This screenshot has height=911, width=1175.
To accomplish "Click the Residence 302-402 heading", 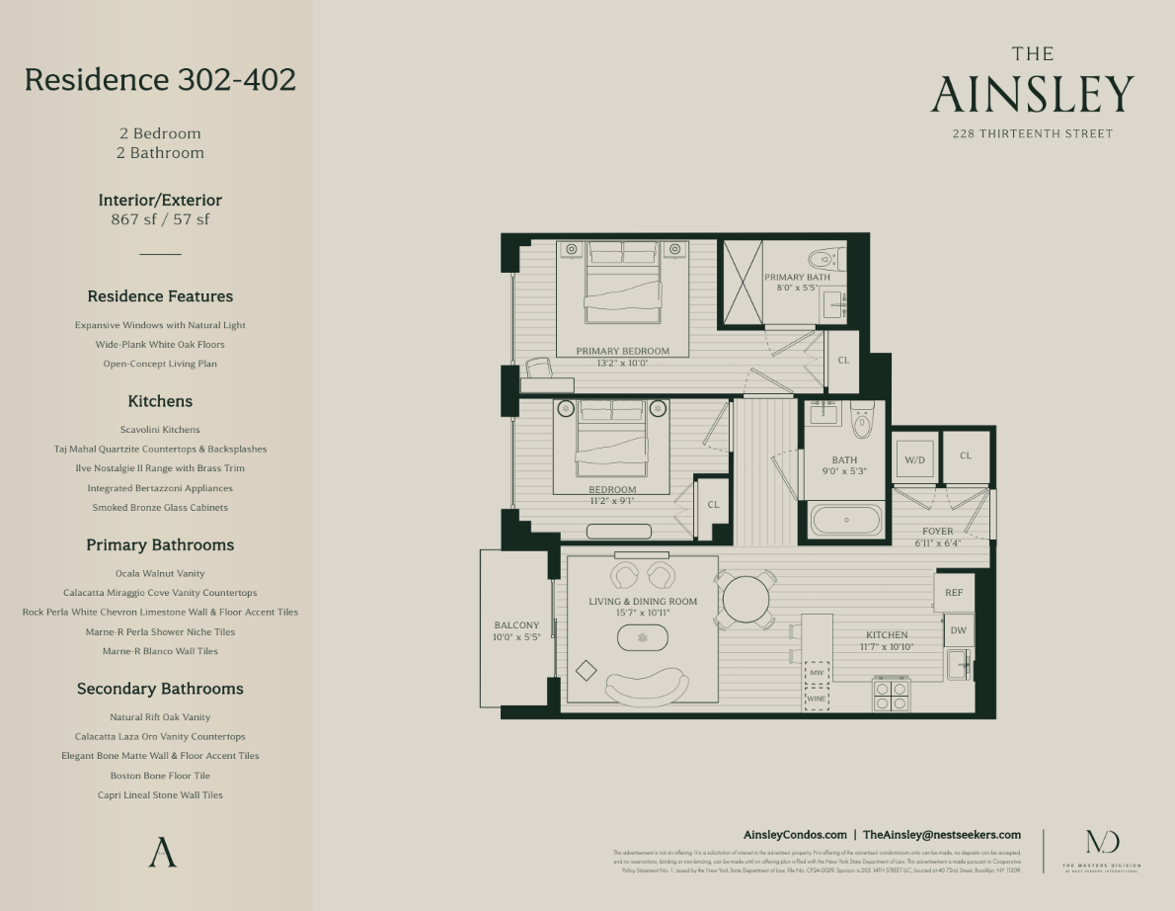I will (160, 79).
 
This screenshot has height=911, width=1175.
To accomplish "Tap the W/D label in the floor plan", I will (914, 459).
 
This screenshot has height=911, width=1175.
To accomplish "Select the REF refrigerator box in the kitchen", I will (954, 593).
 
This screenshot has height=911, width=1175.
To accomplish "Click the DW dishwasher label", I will (958, 630).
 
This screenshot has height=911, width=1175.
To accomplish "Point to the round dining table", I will (746, 599).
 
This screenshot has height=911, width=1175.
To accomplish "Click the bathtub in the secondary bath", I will (846, 520).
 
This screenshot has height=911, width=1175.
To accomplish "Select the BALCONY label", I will (516, 625).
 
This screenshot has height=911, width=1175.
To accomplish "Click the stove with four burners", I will (892, 696).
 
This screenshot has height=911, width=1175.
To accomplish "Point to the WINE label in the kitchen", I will (817, 699).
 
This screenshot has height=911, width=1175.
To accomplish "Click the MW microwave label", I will (817, 673).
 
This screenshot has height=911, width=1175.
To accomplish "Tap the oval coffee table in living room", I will (643, 638).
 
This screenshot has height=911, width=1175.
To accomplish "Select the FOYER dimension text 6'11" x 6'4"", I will (937, 543).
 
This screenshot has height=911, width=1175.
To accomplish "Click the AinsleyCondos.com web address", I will (795, 835).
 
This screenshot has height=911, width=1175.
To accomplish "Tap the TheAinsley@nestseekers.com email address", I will (942, 835).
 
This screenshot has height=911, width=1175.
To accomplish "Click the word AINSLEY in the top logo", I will (1032, 95).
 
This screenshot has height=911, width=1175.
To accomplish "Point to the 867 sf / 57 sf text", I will (160, 219).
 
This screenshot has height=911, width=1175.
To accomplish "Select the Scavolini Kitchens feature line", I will (160, 430).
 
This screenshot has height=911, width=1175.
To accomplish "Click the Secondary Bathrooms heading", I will (160, 689).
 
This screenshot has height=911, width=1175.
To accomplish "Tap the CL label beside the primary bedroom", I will (843, 361).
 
